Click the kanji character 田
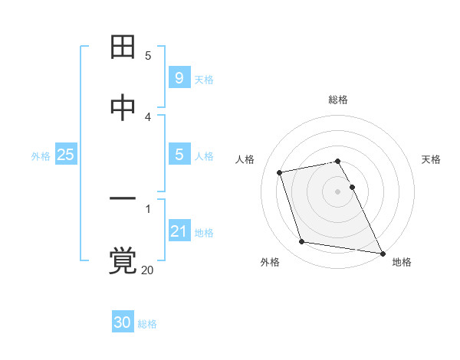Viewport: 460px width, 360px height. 123,47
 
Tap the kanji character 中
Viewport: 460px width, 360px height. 123,108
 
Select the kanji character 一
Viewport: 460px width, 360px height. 123,201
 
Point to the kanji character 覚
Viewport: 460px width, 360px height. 123,261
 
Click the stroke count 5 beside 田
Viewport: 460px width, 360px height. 148,55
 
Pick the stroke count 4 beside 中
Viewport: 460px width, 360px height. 148,116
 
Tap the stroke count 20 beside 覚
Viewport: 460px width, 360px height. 148,270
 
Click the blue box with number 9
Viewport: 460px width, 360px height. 179,78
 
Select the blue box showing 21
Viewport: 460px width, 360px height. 179,231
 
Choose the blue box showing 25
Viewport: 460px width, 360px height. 66,155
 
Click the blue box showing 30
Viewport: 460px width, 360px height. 123,322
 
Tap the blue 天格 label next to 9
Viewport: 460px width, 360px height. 204,80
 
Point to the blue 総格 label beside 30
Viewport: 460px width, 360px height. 147,324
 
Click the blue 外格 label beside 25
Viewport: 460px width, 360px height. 41,156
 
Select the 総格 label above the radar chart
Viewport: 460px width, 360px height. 338,100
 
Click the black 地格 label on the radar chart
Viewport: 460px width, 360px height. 402,262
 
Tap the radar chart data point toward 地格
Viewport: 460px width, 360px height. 381,252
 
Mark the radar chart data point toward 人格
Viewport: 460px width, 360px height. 280,172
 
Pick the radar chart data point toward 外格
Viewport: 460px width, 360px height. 302,242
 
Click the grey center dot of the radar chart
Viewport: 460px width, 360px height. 338,191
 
